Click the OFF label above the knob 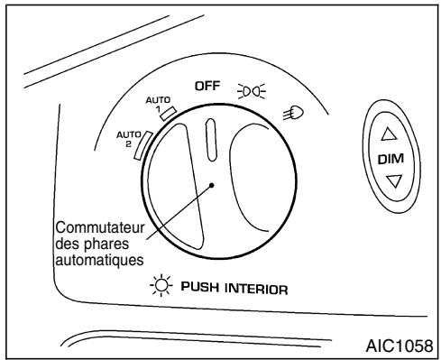point(208,86)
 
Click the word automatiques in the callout point(94,257)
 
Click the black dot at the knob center point(211,185)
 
